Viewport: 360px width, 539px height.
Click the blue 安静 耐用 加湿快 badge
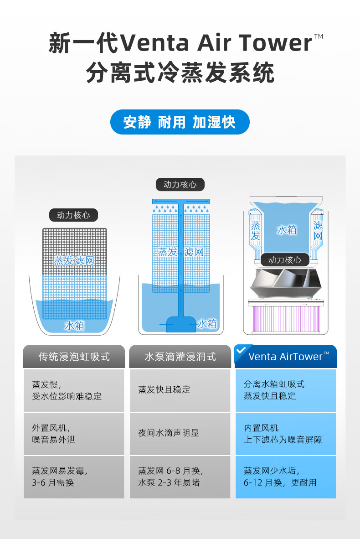click(180, 122)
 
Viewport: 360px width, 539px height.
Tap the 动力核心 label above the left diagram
click(73, 215)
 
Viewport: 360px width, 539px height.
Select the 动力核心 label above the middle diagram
click(180, 184)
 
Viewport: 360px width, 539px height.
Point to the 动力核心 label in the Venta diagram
click(285, 259)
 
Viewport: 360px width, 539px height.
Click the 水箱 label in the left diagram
click(74, 326)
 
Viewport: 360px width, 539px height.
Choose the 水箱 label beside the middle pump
click(207, 323)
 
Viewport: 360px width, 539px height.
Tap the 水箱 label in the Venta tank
click(287, 229)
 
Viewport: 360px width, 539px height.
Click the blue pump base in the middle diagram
click(181, 324)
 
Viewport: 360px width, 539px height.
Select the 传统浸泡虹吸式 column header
click(74, 357)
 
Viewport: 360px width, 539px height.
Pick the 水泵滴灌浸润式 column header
click(180, 357)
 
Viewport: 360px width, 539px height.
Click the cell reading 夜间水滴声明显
click(180, 433)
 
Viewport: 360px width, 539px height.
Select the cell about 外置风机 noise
click(74, 434)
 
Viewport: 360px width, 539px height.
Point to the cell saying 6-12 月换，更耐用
click(286, 477)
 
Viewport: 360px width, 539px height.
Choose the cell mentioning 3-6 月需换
click(74, 477)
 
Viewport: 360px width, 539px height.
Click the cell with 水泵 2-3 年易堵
click(180, 477)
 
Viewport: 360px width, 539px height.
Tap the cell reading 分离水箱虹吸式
click(286, 390)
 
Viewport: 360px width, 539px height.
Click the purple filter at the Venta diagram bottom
click(284, 319)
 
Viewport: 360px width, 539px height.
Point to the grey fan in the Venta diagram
click(284, 283)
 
